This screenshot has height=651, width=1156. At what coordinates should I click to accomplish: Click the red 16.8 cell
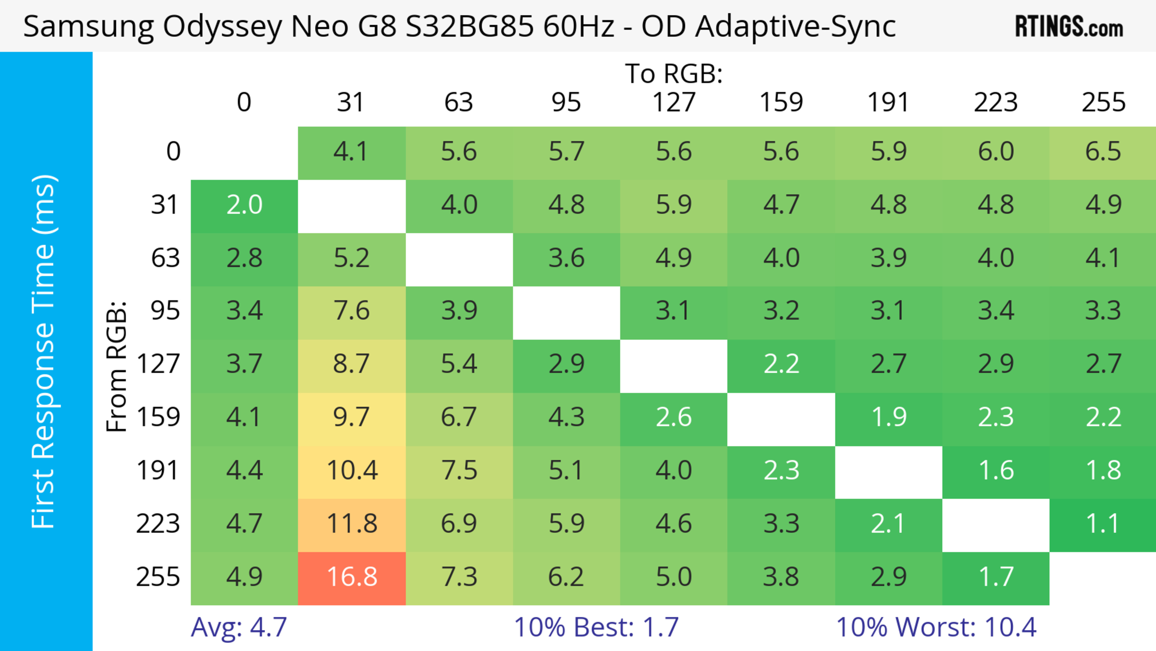(x=352, y=577)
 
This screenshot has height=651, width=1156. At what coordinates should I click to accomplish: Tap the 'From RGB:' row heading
(x=117, y=366)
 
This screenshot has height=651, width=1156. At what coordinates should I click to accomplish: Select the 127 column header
(x=674, y=102)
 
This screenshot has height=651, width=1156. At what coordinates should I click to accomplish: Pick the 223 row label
(x=158, y=524)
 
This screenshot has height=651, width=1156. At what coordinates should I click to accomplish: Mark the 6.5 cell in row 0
(x=1103, y=152)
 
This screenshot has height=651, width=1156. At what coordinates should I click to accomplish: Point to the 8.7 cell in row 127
(x=352, y=365)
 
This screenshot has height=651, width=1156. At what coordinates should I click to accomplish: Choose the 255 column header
(x=1103, y=102)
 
